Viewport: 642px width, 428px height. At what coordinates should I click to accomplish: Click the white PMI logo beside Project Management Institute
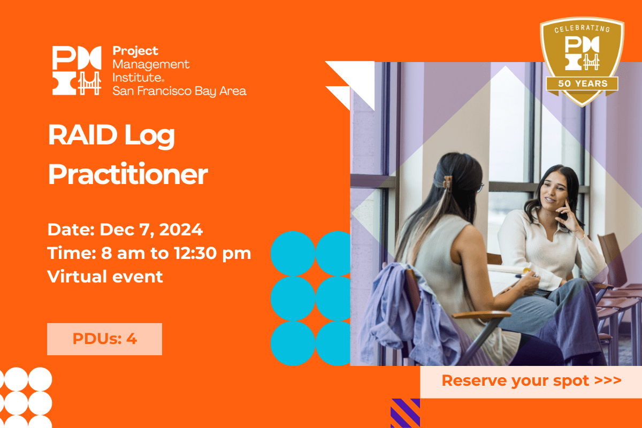click(77, 70)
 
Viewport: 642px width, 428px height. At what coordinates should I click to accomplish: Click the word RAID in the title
click(83, 135)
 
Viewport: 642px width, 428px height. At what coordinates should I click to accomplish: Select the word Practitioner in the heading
click(128, 174)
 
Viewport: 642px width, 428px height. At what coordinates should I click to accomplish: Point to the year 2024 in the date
click(181, 230)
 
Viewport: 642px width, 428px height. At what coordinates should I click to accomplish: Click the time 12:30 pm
click(212, 254)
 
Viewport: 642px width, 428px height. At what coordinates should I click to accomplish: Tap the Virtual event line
click(105, 277)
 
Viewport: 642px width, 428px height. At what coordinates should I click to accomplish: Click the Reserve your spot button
click(531, 381)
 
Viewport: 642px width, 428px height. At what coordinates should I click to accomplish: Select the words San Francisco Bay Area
click(179, 91)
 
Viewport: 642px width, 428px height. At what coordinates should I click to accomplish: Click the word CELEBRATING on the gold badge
click(582, 29)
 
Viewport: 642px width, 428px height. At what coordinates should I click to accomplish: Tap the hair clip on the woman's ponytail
click(447, 182)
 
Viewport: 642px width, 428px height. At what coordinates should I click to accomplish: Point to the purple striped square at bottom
click(406, 413)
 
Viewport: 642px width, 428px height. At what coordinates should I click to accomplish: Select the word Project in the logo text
click(135, 51)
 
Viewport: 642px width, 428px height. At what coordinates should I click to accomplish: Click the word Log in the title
click(150, 136)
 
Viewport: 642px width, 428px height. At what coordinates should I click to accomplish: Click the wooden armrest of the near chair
click(481, 315)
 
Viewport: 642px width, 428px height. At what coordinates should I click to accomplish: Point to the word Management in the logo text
click(151, 65)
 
